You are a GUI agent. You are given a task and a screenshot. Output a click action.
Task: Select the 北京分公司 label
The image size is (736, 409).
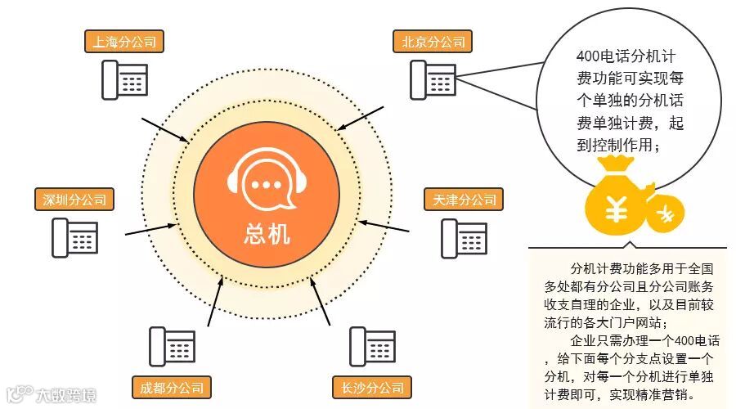tap(429, 42)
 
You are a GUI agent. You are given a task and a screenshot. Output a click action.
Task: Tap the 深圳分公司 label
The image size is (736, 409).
tap(74, 200)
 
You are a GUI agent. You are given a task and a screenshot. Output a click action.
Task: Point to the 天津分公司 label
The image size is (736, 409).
tap(464, 200)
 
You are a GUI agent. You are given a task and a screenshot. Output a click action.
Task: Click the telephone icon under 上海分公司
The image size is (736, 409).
tap(125, 79)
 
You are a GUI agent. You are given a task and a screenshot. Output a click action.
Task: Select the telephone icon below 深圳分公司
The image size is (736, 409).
tap(75, 238)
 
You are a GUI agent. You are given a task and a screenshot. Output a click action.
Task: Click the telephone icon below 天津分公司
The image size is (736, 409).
tap(464, 238)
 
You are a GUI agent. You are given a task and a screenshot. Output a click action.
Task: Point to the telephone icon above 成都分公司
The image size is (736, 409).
tap(172, 346)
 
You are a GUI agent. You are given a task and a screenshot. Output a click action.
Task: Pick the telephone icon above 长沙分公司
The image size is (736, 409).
tap(371, 346)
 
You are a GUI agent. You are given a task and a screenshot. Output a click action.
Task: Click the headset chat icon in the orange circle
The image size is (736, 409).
tap(267, 185)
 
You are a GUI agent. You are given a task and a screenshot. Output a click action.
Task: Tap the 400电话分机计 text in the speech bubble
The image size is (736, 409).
tap(625, 59)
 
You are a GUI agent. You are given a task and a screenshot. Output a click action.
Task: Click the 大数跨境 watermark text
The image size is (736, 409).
tap(65, 396)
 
